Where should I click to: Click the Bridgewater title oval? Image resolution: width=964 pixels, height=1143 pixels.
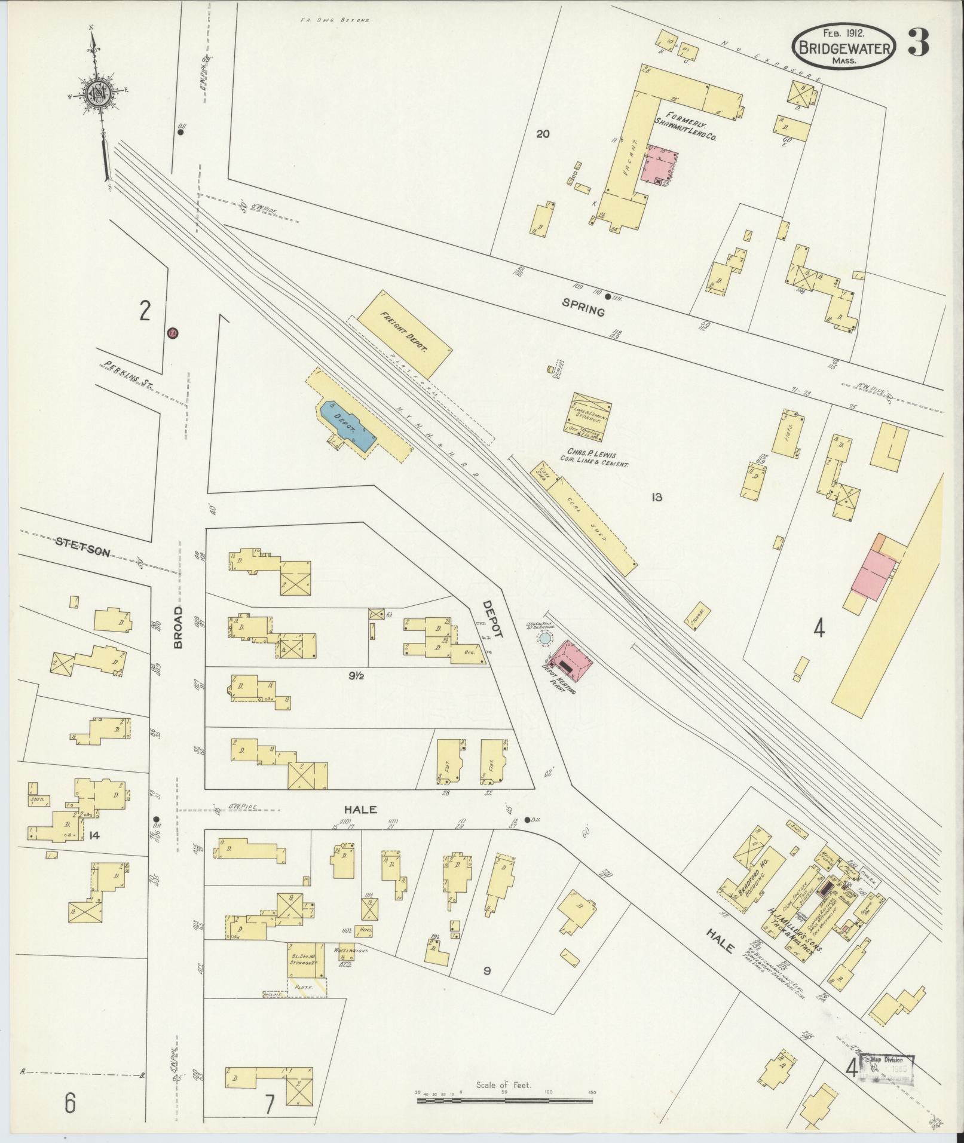[844, 45]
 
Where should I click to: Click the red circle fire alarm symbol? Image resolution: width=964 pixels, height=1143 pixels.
[173, 333]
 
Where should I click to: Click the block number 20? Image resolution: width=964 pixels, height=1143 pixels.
[542, 134]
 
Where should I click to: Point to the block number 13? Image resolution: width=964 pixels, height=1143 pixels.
[657, 497]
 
